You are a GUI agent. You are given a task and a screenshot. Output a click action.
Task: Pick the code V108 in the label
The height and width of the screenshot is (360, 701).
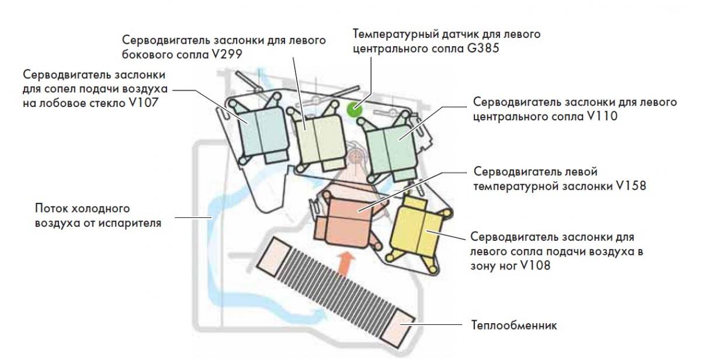[x=532, y=265]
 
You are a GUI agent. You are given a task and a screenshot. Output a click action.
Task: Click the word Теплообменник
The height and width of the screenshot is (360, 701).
[x=514, y=324]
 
